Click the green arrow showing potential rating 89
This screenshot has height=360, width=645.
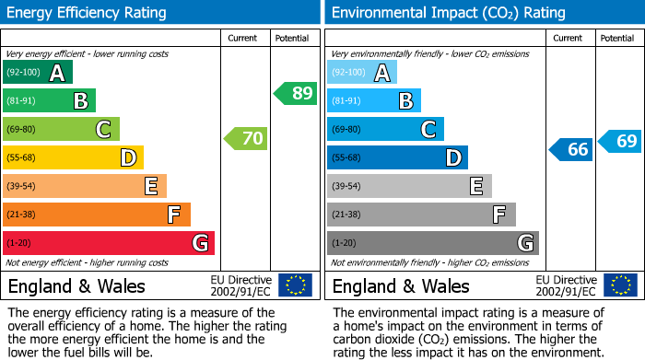(296, 93)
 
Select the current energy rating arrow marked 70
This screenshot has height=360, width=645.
(245, 139)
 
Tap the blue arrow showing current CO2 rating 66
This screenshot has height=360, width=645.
(570, 149)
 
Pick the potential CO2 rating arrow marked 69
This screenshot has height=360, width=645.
(620, 141)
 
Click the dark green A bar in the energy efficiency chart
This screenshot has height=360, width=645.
(38, 73)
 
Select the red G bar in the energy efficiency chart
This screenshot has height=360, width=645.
(109, 243)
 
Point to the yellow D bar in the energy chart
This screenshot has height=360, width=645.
(73, 157)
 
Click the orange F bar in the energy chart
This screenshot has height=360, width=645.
(97, 215)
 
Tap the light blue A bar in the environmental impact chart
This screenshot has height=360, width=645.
(362, 73)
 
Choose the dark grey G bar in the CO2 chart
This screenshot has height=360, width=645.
(432, 243)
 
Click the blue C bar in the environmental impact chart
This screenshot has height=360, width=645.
(385, 130)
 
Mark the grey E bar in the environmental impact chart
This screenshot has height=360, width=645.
(409, 186)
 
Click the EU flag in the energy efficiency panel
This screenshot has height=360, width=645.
(295, 285)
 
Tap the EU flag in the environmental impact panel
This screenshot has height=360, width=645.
(620, 285)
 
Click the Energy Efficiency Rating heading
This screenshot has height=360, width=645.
(88, 13)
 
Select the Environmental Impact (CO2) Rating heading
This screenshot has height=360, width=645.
(448, 13)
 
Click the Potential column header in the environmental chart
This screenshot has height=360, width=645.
(616, 38)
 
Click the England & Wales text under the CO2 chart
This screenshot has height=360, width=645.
(401, 286)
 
